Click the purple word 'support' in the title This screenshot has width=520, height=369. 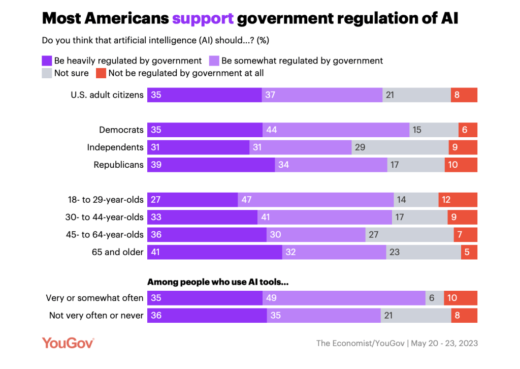pyautogui.click(x=203, y=18)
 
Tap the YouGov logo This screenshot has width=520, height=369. pyautogui.click(x=68, y=343)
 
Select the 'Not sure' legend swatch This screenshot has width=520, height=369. pyautogui.click(x=47, y=73)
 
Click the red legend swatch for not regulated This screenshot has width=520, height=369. pyautogui.click(x=101, y=73)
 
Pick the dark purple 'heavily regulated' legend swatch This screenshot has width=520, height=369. pyautogui.click(x=47, y=61)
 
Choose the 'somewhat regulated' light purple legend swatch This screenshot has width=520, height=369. pyautogui.click(x=214, y=61)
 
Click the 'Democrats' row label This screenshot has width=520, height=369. pyautogui.click(x=121, y=130)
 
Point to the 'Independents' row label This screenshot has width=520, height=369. pyautogui.click(x=115, y=147)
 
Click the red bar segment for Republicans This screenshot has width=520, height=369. pyautogui.click(x=461, y=165)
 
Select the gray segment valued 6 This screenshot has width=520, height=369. pyautogui.click(x=435, y=298)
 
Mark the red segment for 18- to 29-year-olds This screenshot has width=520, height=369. pyautogui.click(x=458, y=200)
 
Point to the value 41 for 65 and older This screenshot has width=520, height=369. pyautogui.click(x=156, y=252)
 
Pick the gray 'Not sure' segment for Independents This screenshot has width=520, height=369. pyautogui.click(x=400, y=147)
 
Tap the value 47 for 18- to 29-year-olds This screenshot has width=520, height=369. pyautogui.click(x=247, y=200)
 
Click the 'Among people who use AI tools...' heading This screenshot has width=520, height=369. pyautogui.click(x=218, y=282)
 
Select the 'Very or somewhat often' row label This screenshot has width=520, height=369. pyautogui.click(x=95, y=298)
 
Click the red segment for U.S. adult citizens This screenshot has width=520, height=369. pyautogui.click(x=464, y=95)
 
